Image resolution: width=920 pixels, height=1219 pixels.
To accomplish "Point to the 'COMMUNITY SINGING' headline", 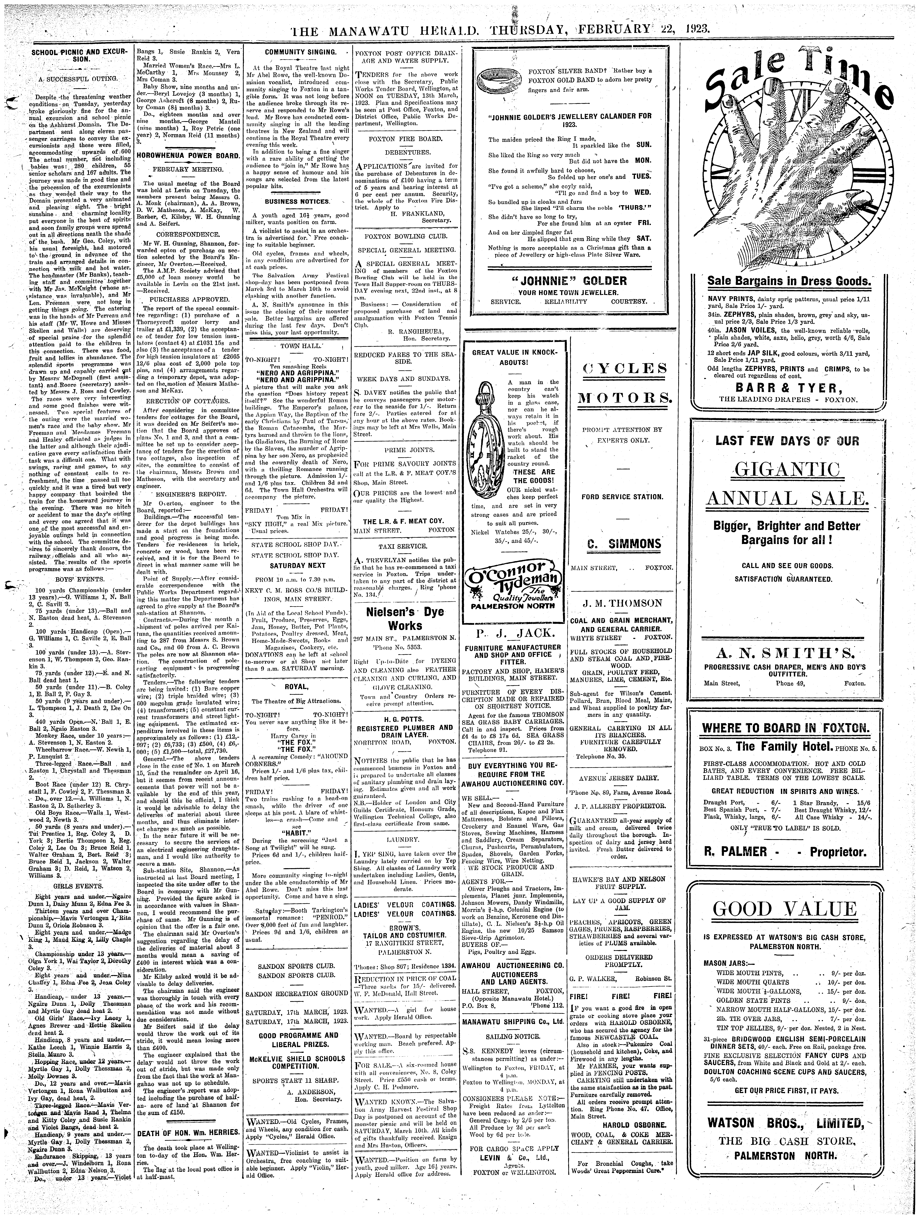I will pos(294,52).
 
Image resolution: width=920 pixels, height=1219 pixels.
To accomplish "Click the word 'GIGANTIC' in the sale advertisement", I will pos(788,470).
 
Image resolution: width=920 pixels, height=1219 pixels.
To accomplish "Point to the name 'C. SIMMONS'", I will pos(623,544).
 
